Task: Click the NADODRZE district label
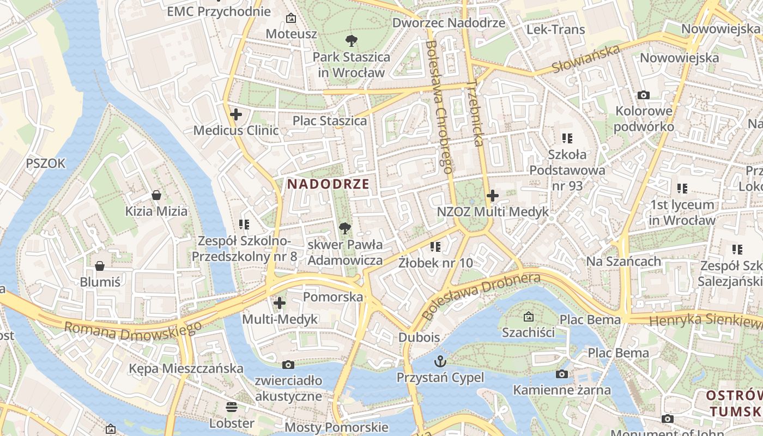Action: click(x=328, y=184)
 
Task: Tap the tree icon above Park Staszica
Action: click(x=352, y=40)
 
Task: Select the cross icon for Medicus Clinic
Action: click(x=236, y=114)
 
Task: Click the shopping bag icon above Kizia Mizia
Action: click(x=156, y=195)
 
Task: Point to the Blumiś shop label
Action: click(x=100, y=282)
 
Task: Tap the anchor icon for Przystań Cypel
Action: click(x=440, y=361)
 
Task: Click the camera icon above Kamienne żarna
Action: click(x=562, y=374)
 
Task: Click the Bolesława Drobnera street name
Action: click(x=482, y=295)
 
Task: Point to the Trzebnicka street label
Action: click(x=475, y=114)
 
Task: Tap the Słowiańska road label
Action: click(x=586, y=59)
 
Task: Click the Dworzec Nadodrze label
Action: click(x=449, y=23)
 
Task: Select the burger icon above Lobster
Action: click(x=232, y=407)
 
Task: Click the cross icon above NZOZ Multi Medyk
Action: click(x=493, y=195)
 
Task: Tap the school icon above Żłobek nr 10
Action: click(x=435, y=247)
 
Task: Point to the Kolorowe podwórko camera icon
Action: click(x=644, y=95)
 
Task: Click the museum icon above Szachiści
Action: click(x=528, y=316)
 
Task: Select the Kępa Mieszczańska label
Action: click(x=186, y=368)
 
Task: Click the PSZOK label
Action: click(x=46, y=163)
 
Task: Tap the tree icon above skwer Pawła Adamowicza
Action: click(x=345, y=228)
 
